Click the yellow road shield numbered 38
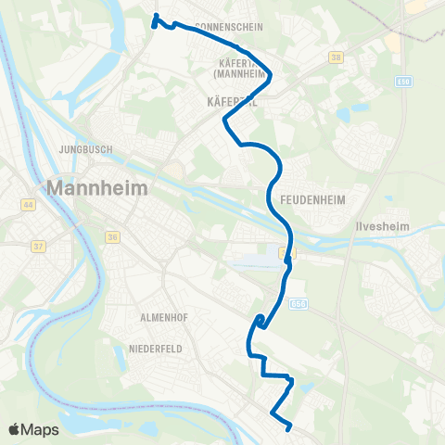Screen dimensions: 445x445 point(335,57)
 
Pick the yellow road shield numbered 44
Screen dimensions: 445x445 point(29,204)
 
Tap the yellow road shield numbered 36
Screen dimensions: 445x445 point(113,237)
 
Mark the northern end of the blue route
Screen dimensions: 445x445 point(155,17)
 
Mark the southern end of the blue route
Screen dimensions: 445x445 point(289,427)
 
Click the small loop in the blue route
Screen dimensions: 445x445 point(260,321)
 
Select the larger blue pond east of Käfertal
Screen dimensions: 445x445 point(349,115)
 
